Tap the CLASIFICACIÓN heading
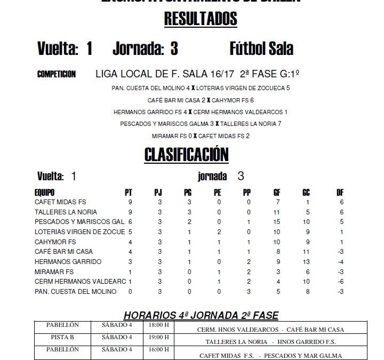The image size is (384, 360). [187, 155]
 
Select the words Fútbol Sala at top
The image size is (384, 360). [261, 49]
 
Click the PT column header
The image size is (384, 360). [129, 192]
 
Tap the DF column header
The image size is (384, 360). [340, 192]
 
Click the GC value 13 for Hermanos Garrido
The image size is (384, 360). [306, 262]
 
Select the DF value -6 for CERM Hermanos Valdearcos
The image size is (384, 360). [341, 282]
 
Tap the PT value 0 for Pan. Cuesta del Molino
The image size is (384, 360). [129, 292]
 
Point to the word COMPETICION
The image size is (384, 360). [57, 74]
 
